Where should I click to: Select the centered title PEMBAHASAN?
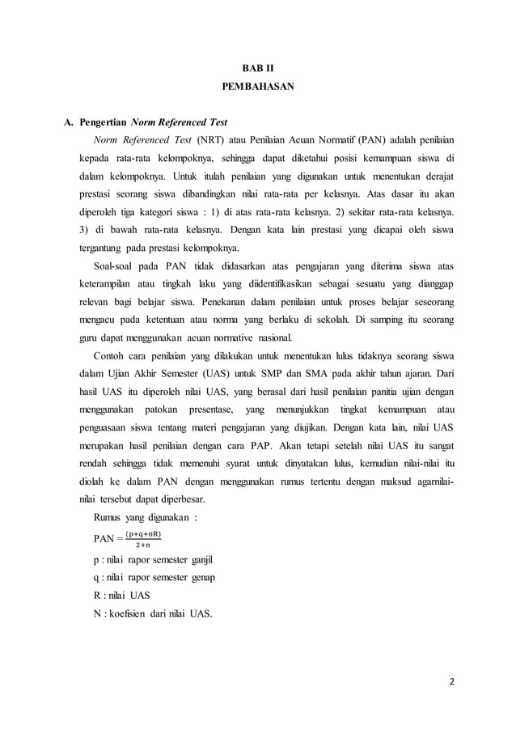[258, 85]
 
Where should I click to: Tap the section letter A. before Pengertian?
[70, 123]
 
